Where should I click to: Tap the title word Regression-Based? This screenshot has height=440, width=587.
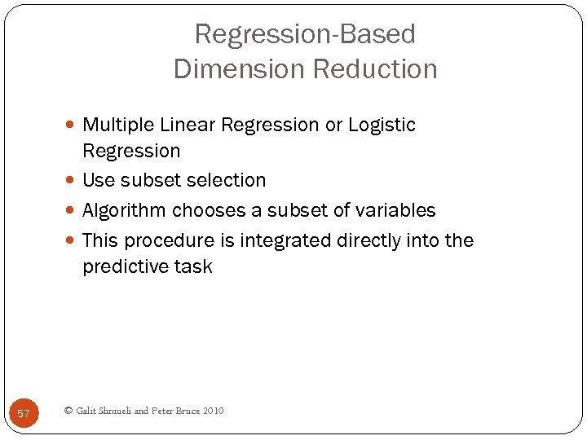coord(305,34)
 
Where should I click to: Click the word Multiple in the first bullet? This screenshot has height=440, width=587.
coord(119,125)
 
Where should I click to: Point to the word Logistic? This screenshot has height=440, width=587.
coord(382,125)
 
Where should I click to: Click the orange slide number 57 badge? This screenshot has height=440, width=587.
coord(24,413)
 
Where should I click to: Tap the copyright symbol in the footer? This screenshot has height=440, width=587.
coord(68,411)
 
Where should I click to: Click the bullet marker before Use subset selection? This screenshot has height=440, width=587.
coord(73,181)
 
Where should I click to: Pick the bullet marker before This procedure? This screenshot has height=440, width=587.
coord(73,241)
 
